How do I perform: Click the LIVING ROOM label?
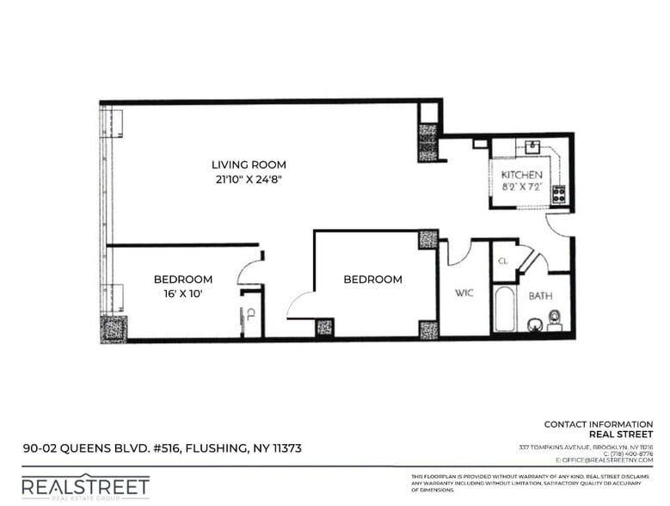249,164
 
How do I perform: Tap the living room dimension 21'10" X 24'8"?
249,179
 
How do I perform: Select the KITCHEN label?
521,175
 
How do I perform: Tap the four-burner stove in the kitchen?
558,194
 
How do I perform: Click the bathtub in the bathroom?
503,310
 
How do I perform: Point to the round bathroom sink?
534,325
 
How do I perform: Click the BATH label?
540,295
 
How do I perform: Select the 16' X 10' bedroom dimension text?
182,293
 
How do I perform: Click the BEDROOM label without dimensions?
372,279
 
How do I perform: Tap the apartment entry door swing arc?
559,225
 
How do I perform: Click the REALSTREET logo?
84,488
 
